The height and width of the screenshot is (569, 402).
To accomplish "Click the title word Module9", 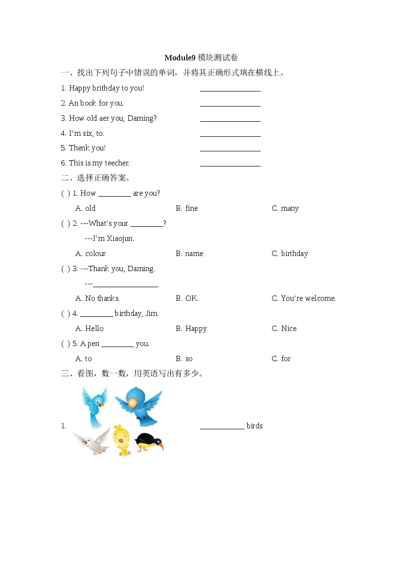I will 180,58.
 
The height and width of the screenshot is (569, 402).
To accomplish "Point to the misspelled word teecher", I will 116,163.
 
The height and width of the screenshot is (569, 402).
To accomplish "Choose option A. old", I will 86,208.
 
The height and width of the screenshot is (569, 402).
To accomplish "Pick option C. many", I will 285,208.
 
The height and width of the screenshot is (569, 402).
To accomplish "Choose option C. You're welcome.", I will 304,298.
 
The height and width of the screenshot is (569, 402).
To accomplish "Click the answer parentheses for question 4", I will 66,313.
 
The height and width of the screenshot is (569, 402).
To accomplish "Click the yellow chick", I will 121,440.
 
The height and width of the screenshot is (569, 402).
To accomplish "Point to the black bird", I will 149,441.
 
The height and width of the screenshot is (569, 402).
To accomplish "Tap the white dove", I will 92,441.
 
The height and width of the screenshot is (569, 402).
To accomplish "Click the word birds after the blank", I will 255,426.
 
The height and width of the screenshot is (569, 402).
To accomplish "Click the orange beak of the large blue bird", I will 133,403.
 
